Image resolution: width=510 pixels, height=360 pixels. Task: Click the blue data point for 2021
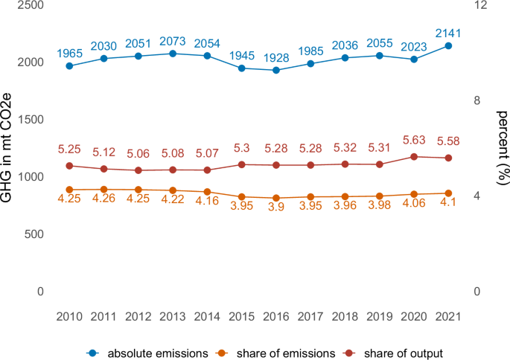(x=448, y=46)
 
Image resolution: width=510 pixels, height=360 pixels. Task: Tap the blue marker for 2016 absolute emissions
(x=276, y=70)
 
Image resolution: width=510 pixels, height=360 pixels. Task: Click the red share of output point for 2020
(x=414, y=157)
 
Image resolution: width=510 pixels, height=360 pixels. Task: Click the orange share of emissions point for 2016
(x=276, y=199)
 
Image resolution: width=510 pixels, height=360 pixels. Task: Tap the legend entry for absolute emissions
(x=150, y=352)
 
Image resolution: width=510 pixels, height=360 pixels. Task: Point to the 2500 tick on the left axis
(x=31, y=5)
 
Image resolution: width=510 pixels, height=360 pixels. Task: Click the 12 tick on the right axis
(x=480, y=5)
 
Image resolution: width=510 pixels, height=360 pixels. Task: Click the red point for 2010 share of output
(x=69, y=166)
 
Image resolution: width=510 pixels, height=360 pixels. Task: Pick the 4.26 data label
(x=103, y=199)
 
